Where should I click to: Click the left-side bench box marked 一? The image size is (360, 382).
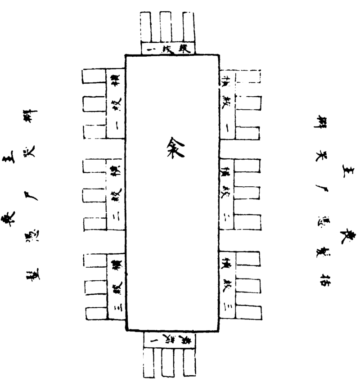115,103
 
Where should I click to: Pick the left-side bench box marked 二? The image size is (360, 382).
115,195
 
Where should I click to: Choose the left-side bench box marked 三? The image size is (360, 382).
116,287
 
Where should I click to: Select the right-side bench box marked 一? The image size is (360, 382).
227,104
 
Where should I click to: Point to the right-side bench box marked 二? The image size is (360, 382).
227,194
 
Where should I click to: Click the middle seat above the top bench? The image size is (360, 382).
166,26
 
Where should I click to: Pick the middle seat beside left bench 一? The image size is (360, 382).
94,104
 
